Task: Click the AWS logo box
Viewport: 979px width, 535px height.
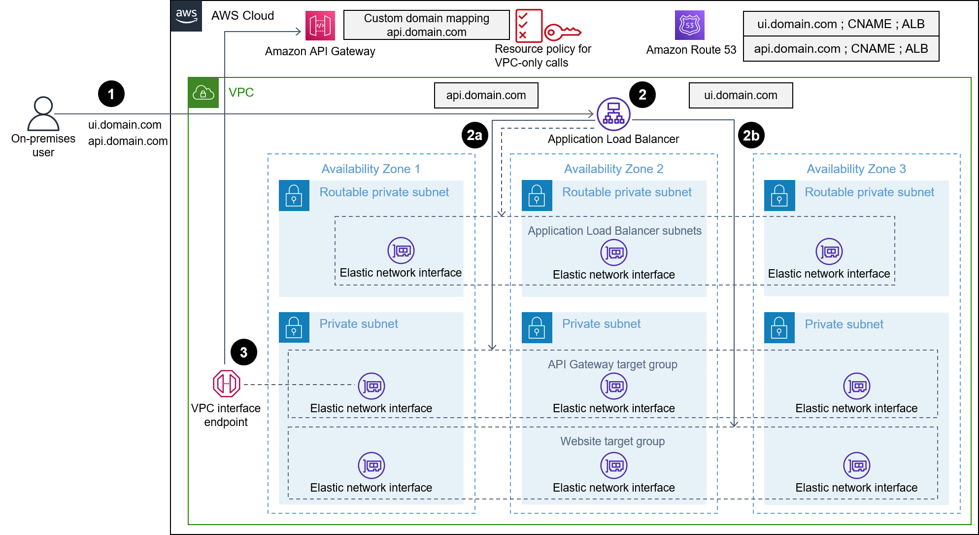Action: click(x=186, y=16)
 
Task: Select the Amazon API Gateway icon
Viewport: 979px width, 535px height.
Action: click(x=320, y=26)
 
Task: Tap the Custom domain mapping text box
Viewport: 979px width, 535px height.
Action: click(x=426, y=25)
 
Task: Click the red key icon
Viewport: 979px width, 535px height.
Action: click(x=562, y=33)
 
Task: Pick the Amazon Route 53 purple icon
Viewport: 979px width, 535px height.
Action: click(x=689, y=25)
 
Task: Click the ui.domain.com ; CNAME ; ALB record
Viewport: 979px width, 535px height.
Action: click(x=841, y=24)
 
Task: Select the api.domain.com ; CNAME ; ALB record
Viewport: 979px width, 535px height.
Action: click(x=841, y=49)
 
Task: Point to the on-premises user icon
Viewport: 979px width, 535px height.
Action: click(x=43, y=113)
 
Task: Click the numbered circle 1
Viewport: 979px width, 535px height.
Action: click(x=111, y=94)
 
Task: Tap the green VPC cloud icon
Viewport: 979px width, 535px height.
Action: click(x=203, y=93)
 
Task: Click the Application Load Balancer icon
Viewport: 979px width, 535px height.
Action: click(x=613, y=114)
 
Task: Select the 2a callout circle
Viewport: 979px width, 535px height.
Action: click(x=474, y=135)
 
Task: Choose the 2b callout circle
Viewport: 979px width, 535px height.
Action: click(x=751, y=136)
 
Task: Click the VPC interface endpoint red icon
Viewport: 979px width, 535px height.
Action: click(x=227, y=384)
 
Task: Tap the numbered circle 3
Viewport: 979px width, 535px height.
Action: click(x=243, y=353)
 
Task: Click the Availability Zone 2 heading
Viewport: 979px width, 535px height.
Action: click(x=613, y=169)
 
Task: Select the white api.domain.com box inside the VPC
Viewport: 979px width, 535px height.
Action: click(x=486, y=95)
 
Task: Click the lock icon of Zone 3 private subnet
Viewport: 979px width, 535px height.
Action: click(x=779, y=327)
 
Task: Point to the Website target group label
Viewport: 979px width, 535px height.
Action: click(x=612, y=441)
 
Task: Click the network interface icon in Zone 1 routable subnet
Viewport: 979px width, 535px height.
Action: click(x=401, y=251)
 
